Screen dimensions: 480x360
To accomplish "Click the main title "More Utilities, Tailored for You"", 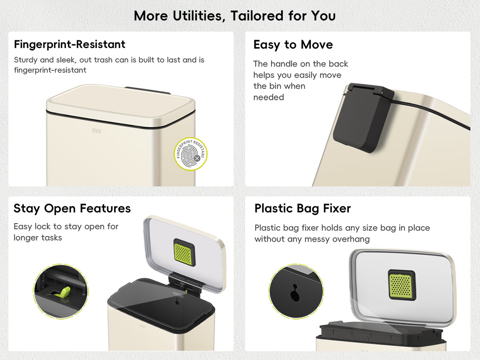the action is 235,16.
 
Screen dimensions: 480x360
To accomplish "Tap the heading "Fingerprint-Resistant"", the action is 70,44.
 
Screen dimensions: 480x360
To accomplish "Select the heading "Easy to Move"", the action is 293,45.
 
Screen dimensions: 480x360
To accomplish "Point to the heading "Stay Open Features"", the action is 72,208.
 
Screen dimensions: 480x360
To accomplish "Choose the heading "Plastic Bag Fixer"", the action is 303,208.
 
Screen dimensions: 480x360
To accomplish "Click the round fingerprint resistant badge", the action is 190,154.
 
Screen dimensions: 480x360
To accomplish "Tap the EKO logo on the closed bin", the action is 96,131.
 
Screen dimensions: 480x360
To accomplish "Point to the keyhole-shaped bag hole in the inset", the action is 294,293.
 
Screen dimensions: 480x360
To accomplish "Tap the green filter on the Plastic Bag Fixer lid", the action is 401,285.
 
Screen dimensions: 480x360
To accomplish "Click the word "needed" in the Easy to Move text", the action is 268,97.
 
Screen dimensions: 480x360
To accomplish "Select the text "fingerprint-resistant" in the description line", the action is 50,70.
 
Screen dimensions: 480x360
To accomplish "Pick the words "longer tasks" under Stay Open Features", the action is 38,238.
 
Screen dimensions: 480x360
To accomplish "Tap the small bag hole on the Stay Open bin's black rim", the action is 177,302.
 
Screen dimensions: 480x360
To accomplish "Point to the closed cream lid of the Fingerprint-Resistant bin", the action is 120,105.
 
